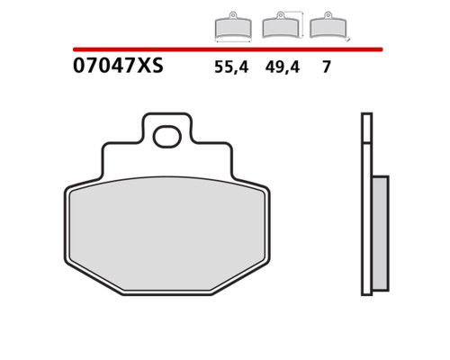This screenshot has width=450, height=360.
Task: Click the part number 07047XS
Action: pyautogui.click(x=118, y=66)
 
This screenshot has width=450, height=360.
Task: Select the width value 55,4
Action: pyautogui.click(x=231, y=67)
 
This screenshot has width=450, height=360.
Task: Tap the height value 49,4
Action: pyautogui.click(x=282, y=67)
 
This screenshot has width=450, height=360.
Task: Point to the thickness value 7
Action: pyautogui.click(x=327, y=67)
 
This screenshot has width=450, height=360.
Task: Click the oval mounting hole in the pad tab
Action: pyautogui.click(x=167, y=137)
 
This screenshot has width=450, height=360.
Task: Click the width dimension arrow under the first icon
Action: pyautogui.click(x=233, y=40)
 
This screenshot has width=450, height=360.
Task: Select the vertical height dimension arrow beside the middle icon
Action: pyautogui.click(x=302, y=24)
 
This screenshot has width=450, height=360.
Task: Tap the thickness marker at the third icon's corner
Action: pyautogui.click(x=348, y=39)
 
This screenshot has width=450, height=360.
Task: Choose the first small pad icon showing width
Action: pyautogui.click(x=233, y=25)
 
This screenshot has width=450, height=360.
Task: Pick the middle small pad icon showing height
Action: pyautogui.click(x=281, y=25)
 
